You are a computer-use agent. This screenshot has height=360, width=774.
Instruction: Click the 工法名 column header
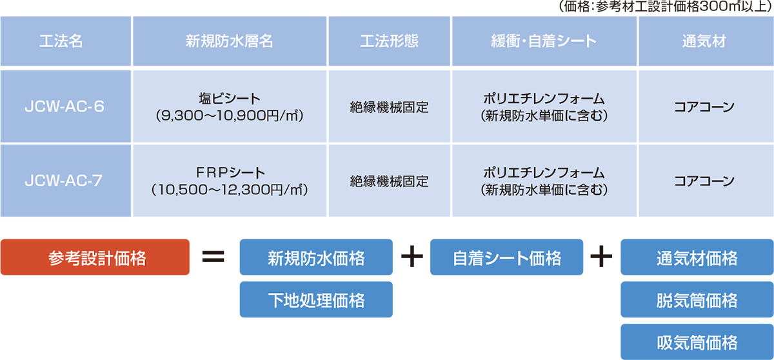66,41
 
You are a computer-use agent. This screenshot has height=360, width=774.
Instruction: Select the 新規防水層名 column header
230,41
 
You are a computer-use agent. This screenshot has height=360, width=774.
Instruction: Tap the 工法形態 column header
390,41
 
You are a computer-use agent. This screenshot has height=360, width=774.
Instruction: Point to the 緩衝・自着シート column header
544,41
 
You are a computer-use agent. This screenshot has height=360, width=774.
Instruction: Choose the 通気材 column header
706,41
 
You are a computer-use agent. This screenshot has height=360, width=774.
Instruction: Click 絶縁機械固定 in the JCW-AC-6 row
390,107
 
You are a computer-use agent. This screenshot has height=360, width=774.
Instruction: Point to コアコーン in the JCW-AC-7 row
704,181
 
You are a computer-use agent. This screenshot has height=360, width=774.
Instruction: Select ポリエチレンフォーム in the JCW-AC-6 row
544,99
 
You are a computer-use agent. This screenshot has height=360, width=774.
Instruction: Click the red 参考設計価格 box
95,257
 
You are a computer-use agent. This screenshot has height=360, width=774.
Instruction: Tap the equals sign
213,257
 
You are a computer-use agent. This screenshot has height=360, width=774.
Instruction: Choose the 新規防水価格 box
316,257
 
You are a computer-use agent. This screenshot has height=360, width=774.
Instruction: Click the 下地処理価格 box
316,299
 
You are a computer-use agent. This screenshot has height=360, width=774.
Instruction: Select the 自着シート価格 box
506,257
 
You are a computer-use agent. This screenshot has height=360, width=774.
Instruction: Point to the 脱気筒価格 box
697,299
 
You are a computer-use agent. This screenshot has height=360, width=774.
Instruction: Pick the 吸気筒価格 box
697,342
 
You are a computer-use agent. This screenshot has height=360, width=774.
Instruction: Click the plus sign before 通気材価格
601,256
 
